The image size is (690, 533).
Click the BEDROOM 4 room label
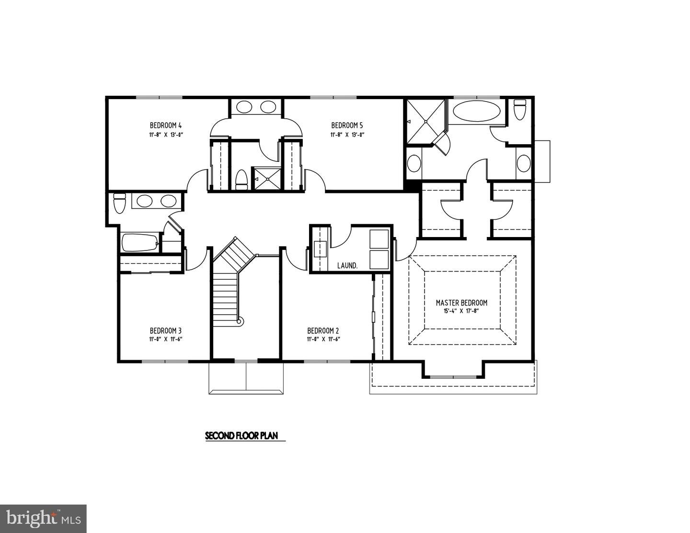click(x=165, y=126)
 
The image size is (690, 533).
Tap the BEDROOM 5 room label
click(x=347, y=126)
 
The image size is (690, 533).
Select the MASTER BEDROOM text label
click(x=461, y=303)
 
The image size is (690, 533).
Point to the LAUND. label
click(x=347, y=265)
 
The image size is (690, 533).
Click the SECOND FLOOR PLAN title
click(x=245, y=436)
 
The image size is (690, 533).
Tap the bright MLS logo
click(x=43, y=519)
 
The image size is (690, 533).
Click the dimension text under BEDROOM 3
click(x=165, y=339)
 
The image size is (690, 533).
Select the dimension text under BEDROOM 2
click(x=323, y=339)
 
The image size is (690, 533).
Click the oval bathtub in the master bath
click(x=476, y=111)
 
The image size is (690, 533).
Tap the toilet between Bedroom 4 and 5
click(x=241, y=180)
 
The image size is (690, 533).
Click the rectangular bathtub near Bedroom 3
click(x=140, y=242)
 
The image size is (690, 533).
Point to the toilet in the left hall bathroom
click(x=119, y=203)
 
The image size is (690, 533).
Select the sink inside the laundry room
click(x=320, y=249)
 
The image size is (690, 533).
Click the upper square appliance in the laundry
click(x=379, y=238)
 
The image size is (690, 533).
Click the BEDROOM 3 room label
click(x=165, y=330)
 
